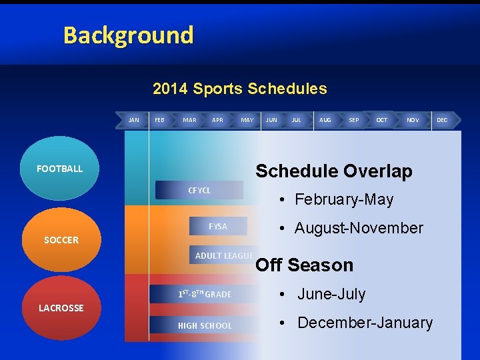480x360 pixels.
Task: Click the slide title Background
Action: pyautogui.click(x=128, y=35)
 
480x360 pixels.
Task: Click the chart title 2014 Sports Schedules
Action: pyautogui.click(x=239, y=89)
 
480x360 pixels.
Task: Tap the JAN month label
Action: pyautogui.click(x=133, y=120)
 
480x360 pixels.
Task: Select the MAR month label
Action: pyautogui.click(x=189, y=120)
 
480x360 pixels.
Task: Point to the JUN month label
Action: pyautogui.click(x=271, y=120)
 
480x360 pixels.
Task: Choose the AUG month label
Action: pyautogui.click(x=325, y=120)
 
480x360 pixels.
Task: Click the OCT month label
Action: pyautogui.click(x=381, y=120)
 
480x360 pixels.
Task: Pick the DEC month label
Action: pyautogui.click(x=441, y=120)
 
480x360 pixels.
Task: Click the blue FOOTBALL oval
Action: pyautogui.click(x=60, y=169)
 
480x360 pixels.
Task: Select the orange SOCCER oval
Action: pyautogui.click(x=61, y=240)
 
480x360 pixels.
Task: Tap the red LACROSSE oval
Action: pyautogui.click(x=61, y=308)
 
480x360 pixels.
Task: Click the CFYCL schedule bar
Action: pyautogui.click(x=199, y=191)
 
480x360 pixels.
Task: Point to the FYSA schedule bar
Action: pyautogui.click(x=218, y=227)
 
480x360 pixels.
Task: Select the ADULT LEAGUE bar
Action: pyautogui.click(x=223, y=256)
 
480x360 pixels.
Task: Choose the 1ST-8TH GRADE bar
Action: pyautogui.click(x=205, y=294)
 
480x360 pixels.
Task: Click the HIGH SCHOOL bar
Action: pyautogui.click(x=205, y=325)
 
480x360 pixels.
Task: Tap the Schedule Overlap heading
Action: pyautogui.click(x=333, y=171)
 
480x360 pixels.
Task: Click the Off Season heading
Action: pyautogui.click(x=304, y=265)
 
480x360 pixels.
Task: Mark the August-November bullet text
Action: pyautogui.click(x=358, y=228)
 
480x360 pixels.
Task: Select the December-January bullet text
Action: pyautogui.click(x=364, y=323)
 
